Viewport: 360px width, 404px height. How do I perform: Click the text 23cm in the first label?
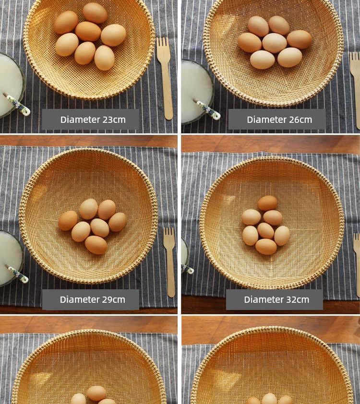pyautogui.click(x=114, y=119)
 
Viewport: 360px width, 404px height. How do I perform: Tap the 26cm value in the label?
pyautogui.click(x=300, y=119)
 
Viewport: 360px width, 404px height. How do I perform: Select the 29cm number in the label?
pyautogui.click(x=114, y=299)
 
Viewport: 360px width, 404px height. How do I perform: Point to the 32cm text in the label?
pyautogui.click(x=298, y=299)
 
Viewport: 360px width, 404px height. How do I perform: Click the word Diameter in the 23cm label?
pyautogui.click(x=80, y=119)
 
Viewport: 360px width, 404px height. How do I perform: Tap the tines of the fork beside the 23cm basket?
pyautogui.click(x=163, y=48)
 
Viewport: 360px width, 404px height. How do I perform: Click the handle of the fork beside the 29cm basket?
pyautogui.click(x=170, y=273)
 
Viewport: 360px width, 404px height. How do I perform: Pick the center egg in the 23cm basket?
pyautogui.click(x=88, y=32)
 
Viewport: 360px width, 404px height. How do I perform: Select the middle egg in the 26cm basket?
pyautogui.click(x=275, y=43)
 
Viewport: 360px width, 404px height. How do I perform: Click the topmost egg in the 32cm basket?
pyautogui.click(x=267, y=203)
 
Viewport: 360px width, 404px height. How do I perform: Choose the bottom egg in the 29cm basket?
pyautogui.click(x=96, y=245)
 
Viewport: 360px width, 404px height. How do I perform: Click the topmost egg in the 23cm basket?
pyautogui.click(x=95, y=13)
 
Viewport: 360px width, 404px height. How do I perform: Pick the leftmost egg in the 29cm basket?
pyautogui.click(x=68, y=221)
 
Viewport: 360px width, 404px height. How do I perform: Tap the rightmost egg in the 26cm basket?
pyautogui.click(x=299, y=39)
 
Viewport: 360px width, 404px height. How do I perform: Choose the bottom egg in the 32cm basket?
pyautogui.click(x=266, y=247)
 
